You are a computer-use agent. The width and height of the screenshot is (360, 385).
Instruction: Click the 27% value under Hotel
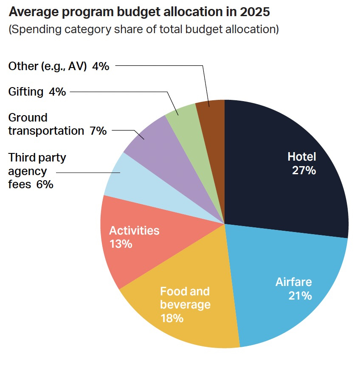304,170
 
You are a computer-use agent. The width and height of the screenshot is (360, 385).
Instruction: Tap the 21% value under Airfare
300,295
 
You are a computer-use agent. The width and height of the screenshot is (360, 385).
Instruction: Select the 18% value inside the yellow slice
172,318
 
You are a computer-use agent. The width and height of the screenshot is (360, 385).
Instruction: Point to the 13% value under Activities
121,244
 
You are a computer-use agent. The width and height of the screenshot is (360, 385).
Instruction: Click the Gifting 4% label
37,91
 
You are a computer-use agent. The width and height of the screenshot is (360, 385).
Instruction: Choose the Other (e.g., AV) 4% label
59,66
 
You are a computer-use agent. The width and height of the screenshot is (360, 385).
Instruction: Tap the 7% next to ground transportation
98,131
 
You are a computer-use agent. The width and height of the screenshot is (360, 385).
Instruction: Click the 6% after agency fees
45,184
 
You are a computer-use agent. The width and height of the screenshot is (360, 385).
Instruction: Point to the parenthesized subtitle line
143,30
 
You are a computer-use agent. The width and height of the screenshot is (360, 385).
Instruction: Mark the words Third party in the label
37,158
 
